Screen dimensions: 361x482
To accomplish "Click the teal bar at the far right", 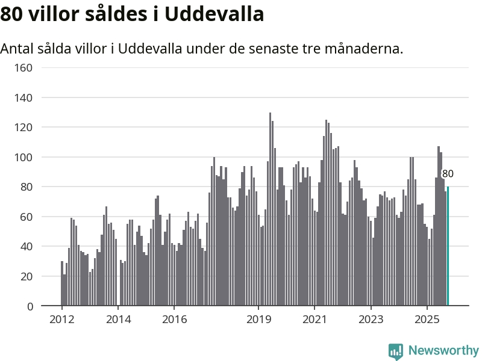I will pyautogui.click(x=448, y=247).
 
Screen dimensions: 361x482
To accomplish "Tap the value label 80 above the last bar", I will pyautogui.click(x=448, y=174).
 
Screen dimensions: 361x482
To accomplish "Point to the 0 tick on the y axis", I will pyautogui.click(x=30, y=306).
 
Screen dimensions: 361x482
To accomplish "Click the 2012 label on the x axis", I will pyautogui.click(x=62, y=319).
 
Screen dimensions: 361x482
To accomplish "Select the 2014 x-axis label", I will pyautogui.click(x=118, y=319).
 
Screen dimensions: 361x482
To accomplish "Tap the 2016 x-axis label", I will pyautogui.click(x=174, y=319).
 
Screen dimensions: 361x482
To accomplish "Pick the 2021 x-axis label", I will pyautogui.click(x=315, y=319).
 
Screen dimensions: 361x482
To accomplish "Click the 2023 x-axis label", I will pyautogui.click(x=371, y=319).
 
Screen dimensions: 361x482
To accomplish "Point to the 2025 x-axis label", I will pyautogui.click(x=427, y=319).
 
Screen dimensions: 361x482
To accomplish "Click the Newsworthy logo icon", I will pyautogui.click(x=396, y=351).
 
